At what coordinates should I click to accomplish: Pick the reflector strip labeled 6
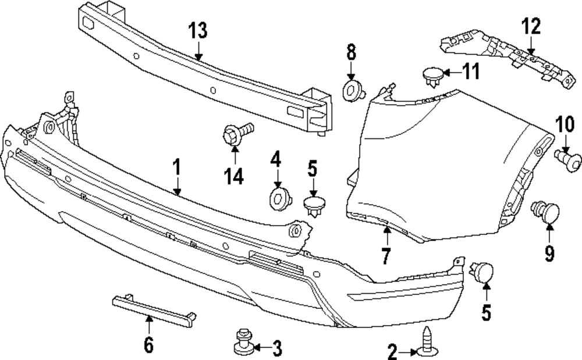[x=153, y=307]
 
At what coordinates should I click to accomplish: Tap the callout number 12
[x=530, y=26]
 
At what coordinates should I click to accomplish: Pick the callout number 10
[x=564, y=125]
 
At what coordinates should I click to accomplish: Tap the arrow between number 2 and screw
[x=408, y=351]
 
